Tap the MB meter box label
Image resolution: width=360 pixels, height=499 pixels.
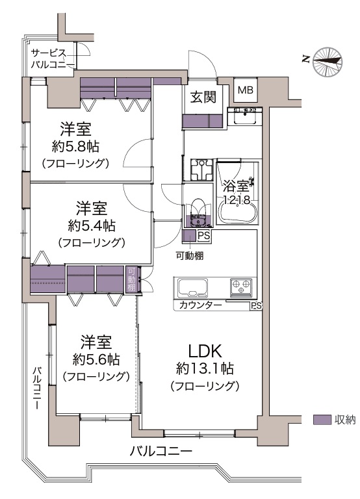[x=246, y=90]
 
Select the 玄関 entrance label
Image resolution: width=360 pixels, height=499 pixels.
[x=203, y=97]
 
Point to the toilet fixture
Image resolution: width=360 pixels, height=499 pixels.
[x=198, y=213]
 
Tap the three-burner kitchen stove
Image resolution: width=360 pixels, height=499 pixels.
[x=241, y=287]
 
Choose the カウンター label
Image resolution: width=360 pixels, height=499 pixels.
[x=201, y=306]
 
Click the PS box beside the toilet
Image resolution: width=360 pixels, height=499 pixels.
[x=204, y=236]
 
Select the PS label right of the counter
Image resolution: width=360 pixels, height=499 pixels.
[x=256, y=306]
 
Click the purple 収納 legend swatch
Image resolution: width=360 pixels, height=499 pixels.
[x=322, y=420]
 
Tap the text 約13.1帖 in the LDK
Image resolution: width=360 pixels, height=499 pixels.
[x=204, y=369]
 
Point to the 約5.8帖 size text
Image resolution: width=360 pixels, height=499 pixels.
[x=75, y=147]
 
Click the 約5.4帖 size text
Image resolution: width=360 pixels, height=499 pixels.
[x=92, y=226]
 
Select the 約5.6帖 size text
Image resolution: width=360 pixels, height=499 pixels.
[x=96, y=360]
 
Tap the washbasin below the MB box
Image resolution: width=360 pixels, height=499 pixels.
[x=245, y=116]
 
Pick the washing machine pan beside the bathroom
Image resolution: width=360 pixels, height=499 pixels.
[x=201, y=170]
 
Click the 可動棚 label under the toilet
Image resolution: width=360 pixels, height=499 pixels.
[x=190, y=255]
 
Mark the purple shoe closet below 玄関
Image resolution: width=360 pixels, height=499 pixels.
[x=203, y=121]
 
